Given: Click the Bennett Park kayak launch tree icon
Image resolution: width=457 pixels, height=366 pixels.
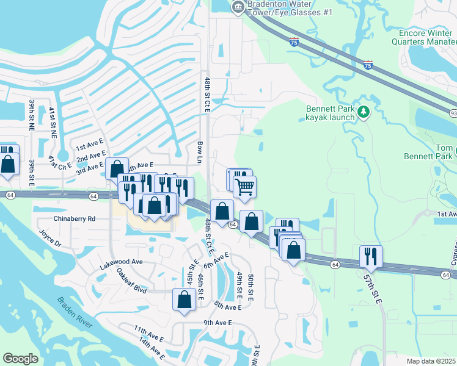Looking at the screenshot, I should (364, 112).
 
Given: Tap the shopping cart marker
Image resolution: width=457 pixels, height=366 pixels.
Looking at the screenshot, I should (244, 187).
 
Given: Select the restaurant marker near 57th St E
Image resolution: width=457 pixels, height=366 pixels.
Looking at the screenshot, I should (370, 256).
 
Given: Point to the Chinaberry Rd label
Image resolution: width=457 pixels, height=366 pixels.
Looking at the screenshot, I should (75, 218).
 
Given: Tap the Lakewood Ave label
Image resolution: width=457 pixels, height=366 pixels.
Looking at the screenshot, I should (121, 262).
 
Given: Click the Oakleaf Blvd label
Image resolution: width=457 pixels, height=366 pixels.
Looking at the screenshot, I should (131, 280).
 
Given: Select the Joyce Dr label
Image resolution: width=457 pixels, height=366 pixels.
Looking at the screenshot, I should (51, 239).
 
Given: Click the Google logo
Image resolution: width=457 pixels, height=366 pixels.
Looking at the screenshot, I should (20, 358).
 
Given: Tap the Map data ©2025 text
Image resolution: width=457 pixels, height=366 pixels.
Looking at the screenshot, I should (431, 361).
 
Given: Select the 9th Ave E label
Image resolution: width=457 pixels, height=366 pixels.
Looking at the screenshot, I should (218, 323).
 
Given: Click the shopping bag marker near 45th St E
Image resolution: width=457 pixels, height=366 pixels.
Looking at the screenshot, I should (185, 300).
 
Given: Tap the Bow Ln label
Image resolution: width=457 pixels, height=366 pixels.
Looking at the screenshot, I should (200, 151).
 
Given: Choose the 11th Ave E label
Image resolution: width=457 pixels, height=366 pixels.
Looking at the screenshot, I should (149, 334).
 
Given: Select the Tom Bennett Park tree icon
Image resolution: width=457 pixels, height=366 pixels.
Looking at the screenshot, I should (455, 150).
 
